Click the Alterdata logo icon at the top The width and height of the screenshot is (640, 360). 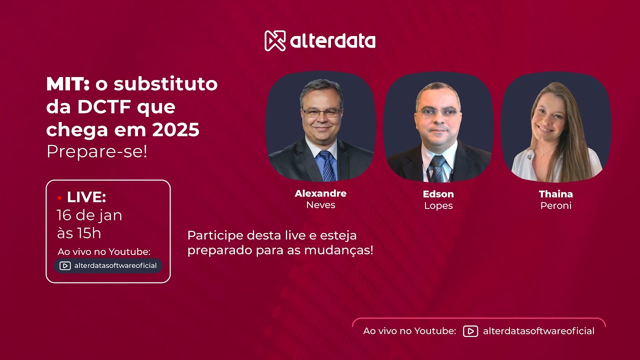tap(274, 41)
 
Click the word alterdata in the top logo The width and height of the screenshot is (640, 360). tap(332, 41)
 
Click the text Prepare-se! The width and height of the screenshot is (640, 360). tap(97, 151)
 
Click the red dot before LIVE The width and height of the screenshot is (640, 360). tap(59, 198)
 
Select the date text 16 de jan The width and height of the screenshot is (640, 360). tap(89, 215)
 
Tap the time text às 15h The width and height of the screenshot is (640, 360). tap(79, 233)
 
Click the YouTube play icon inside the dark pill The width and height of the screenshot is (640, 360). tap(65, 265)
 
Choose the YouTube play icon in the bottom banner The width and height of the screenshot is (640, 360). tap(470, 331)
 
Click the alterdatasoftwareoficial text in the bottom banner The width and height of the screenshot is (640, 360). tap(538, 331)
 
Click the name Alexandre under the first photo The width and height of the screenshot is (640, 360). tap(320, 193)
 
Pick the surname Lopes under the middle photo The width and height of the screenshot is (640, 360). tap(438, 205)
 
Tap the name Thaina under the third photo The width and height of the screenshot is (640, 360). tap(555, 193)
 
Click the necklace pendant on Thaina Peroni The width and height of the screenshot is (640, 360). tap(542, 154)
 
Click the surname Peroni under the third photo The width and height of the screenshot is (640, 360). tap(555, 205)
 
